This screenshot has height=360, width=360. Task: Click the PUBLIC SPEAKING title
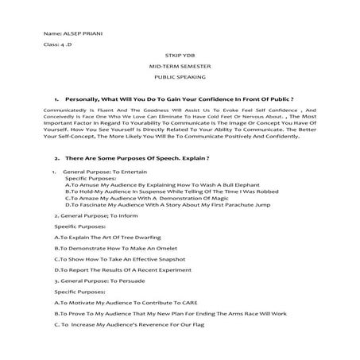pyautogui.click(x=180, y=78)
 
